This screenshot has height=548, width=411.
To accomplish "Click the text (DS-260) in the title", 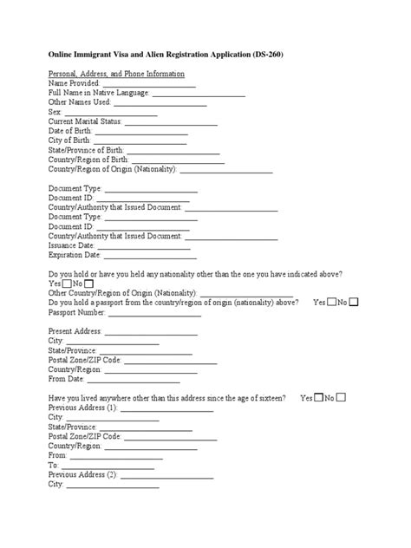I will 285,54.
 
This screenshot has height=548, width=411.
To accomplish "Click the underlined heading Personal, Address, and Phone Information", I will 116,75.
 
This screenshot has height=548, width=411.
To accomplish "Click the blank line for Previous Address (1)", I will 166,408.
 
